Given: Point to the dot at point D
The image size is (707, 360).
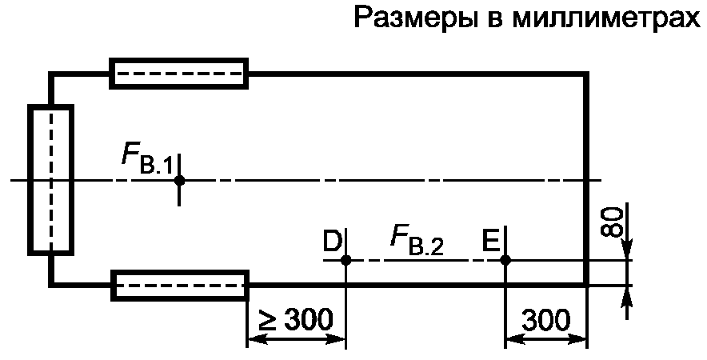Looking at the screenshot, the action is [346, 260].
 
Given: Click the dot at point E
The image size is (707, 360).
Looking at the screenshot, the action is [505, 260].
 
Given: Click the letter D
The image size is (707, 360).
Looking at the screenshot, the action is [332, 239].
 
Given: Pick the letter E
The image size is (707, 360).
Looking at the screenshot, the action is [490, 239].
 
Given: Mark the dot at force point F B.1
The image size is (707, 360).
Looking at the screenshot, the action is [179, 180].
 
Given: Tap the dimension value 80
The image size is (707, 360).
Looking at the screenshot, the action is [612, 221].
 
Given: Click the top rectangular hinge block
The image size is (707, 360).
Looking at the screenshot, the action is [179, 74].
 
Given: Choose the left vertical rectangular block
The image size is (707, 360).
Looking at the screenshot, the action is [51, 180].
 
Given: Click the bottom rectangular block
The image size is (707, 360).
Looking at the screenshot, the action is [180, 286].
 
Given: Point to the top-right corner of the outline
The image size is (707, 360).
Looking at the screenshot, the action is [587, 74].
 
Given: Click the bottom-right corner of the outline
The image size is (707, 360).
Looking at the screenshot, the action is [587, 285].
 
